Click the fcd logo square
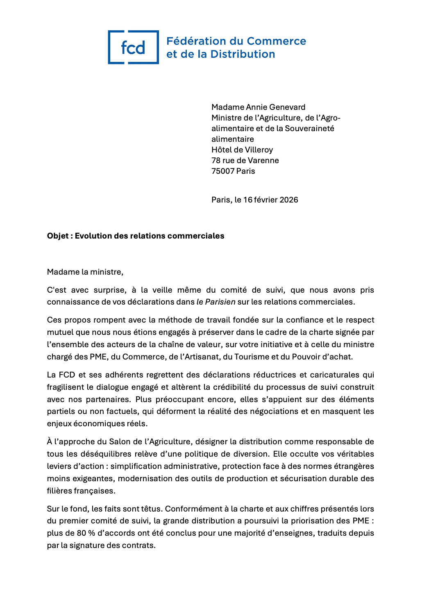(133, 47)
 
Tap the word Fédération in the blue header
(196, 41)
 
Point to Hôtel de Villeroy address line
(242, 150)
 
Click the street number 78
(216, 160)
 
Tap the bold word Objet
(58, 236)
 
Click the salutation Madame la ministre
(85, 272)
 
